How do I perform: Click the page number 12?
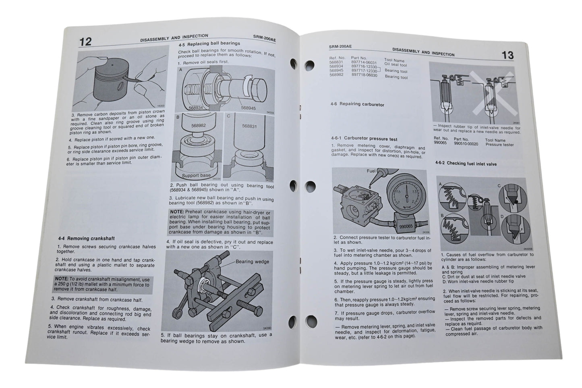coord(85,41)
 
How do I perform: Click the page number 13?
coord(507,55)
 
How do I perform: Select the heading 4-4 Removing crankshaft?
coord(86,239)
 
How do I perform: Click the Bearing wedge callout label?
coord(253,261)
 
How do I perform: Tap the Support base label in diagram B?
coord(196,176)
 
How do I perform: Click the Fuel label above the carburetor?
coord(371,171)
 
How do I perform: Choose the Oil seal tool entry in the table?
coord(395,64)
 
